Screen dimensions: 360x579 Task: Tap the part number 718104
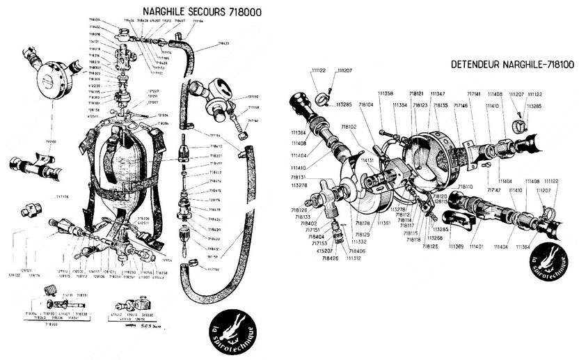pyautogui.click(x=367, y=105)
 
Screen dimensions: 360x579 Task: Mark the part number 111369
pyautogui.click(x=457, y=247)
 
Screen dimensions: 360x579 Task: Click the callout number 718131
pyautogui.click(x=300, y=178)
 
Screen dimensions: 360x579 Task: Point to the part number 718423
pyautogui.click(x=223, y=44)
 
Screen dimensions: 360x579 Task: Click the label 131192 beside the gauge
pyautogui.click(x=252, y=97)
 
